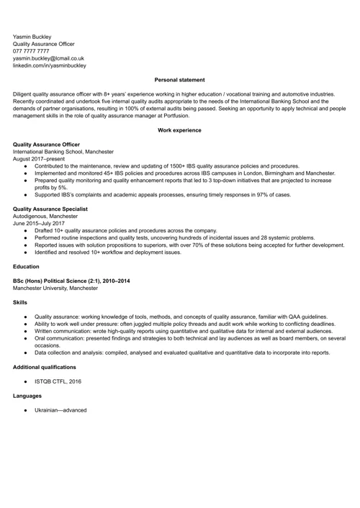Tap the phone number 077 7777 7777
point(37,51)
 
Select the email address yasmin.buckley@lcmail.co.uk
point(49,58)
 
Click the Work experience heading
point(180,130)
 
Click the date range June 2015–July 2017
point(40,223)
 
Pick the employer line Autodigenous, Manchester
point(45,216)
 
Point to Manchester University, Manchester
point(55,288)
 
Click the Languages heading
point(27,396)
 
